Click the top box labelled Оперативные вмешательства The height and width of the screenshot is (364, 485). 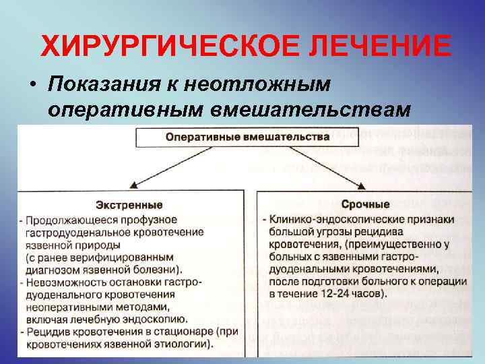coord(248,136)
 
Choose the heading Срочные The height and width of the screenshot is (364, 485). coord(366,204)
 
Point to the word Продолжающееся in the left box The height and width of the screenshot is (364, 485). coord(67,220)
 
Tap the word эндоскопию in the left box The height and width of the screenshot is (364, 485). coord(158,320)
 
